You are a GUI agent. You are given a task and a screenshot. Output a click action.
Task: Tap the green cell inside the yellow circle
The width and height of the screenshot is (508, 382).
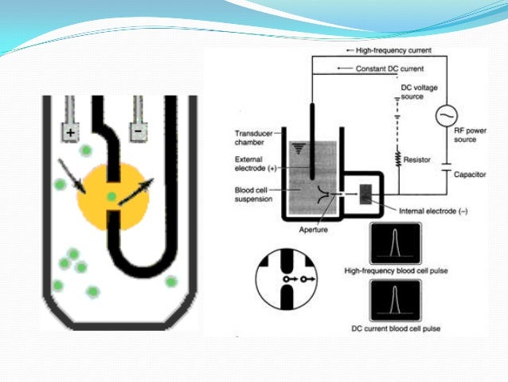point(112,195)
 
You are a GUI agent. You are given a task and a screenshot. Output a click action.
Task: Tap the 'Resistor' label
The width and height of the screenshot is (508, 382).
point(418,159)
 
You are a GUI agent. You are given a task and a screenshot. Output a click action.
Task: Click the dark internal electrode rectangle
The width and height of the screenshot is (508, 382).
point(367,194)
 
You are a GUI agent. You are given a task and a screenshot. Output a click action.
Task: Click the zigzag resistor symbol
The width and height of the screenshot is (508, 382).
point(396,159)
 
